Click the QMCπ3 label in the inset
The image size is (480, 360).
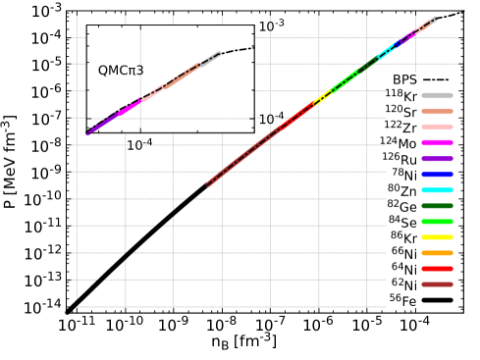pos(121,71)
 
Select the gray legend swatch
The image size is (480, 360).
pos(437,96)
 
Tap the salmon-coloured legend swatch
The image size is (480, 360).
pos(437,112)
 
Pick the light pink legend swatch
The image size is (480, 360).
pos(437,128)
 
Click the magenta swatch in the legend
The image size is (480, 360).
pos(437,143)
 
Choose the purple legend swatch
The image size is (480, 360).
pos(437,159)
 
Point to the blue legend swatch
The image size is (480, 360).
pos(437,175)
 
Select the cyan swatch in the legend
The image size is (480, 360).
pos(437,190)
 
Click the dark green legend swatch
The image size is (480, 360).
pos(437,206)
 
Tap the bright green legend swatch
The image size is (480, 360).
pos(437,222)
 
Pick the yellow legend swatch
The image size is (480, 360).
pos(437,237)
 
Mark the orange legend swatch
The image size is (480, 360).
pos(437,253)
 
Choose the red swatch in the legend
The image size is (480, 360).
pos(437,269)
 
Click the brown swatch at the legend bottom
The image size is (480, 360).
pos(437,284)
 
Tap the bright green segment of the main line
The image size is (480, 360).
pos(346,79)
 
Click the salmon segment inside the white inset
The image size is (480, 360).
pos(182,76)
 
